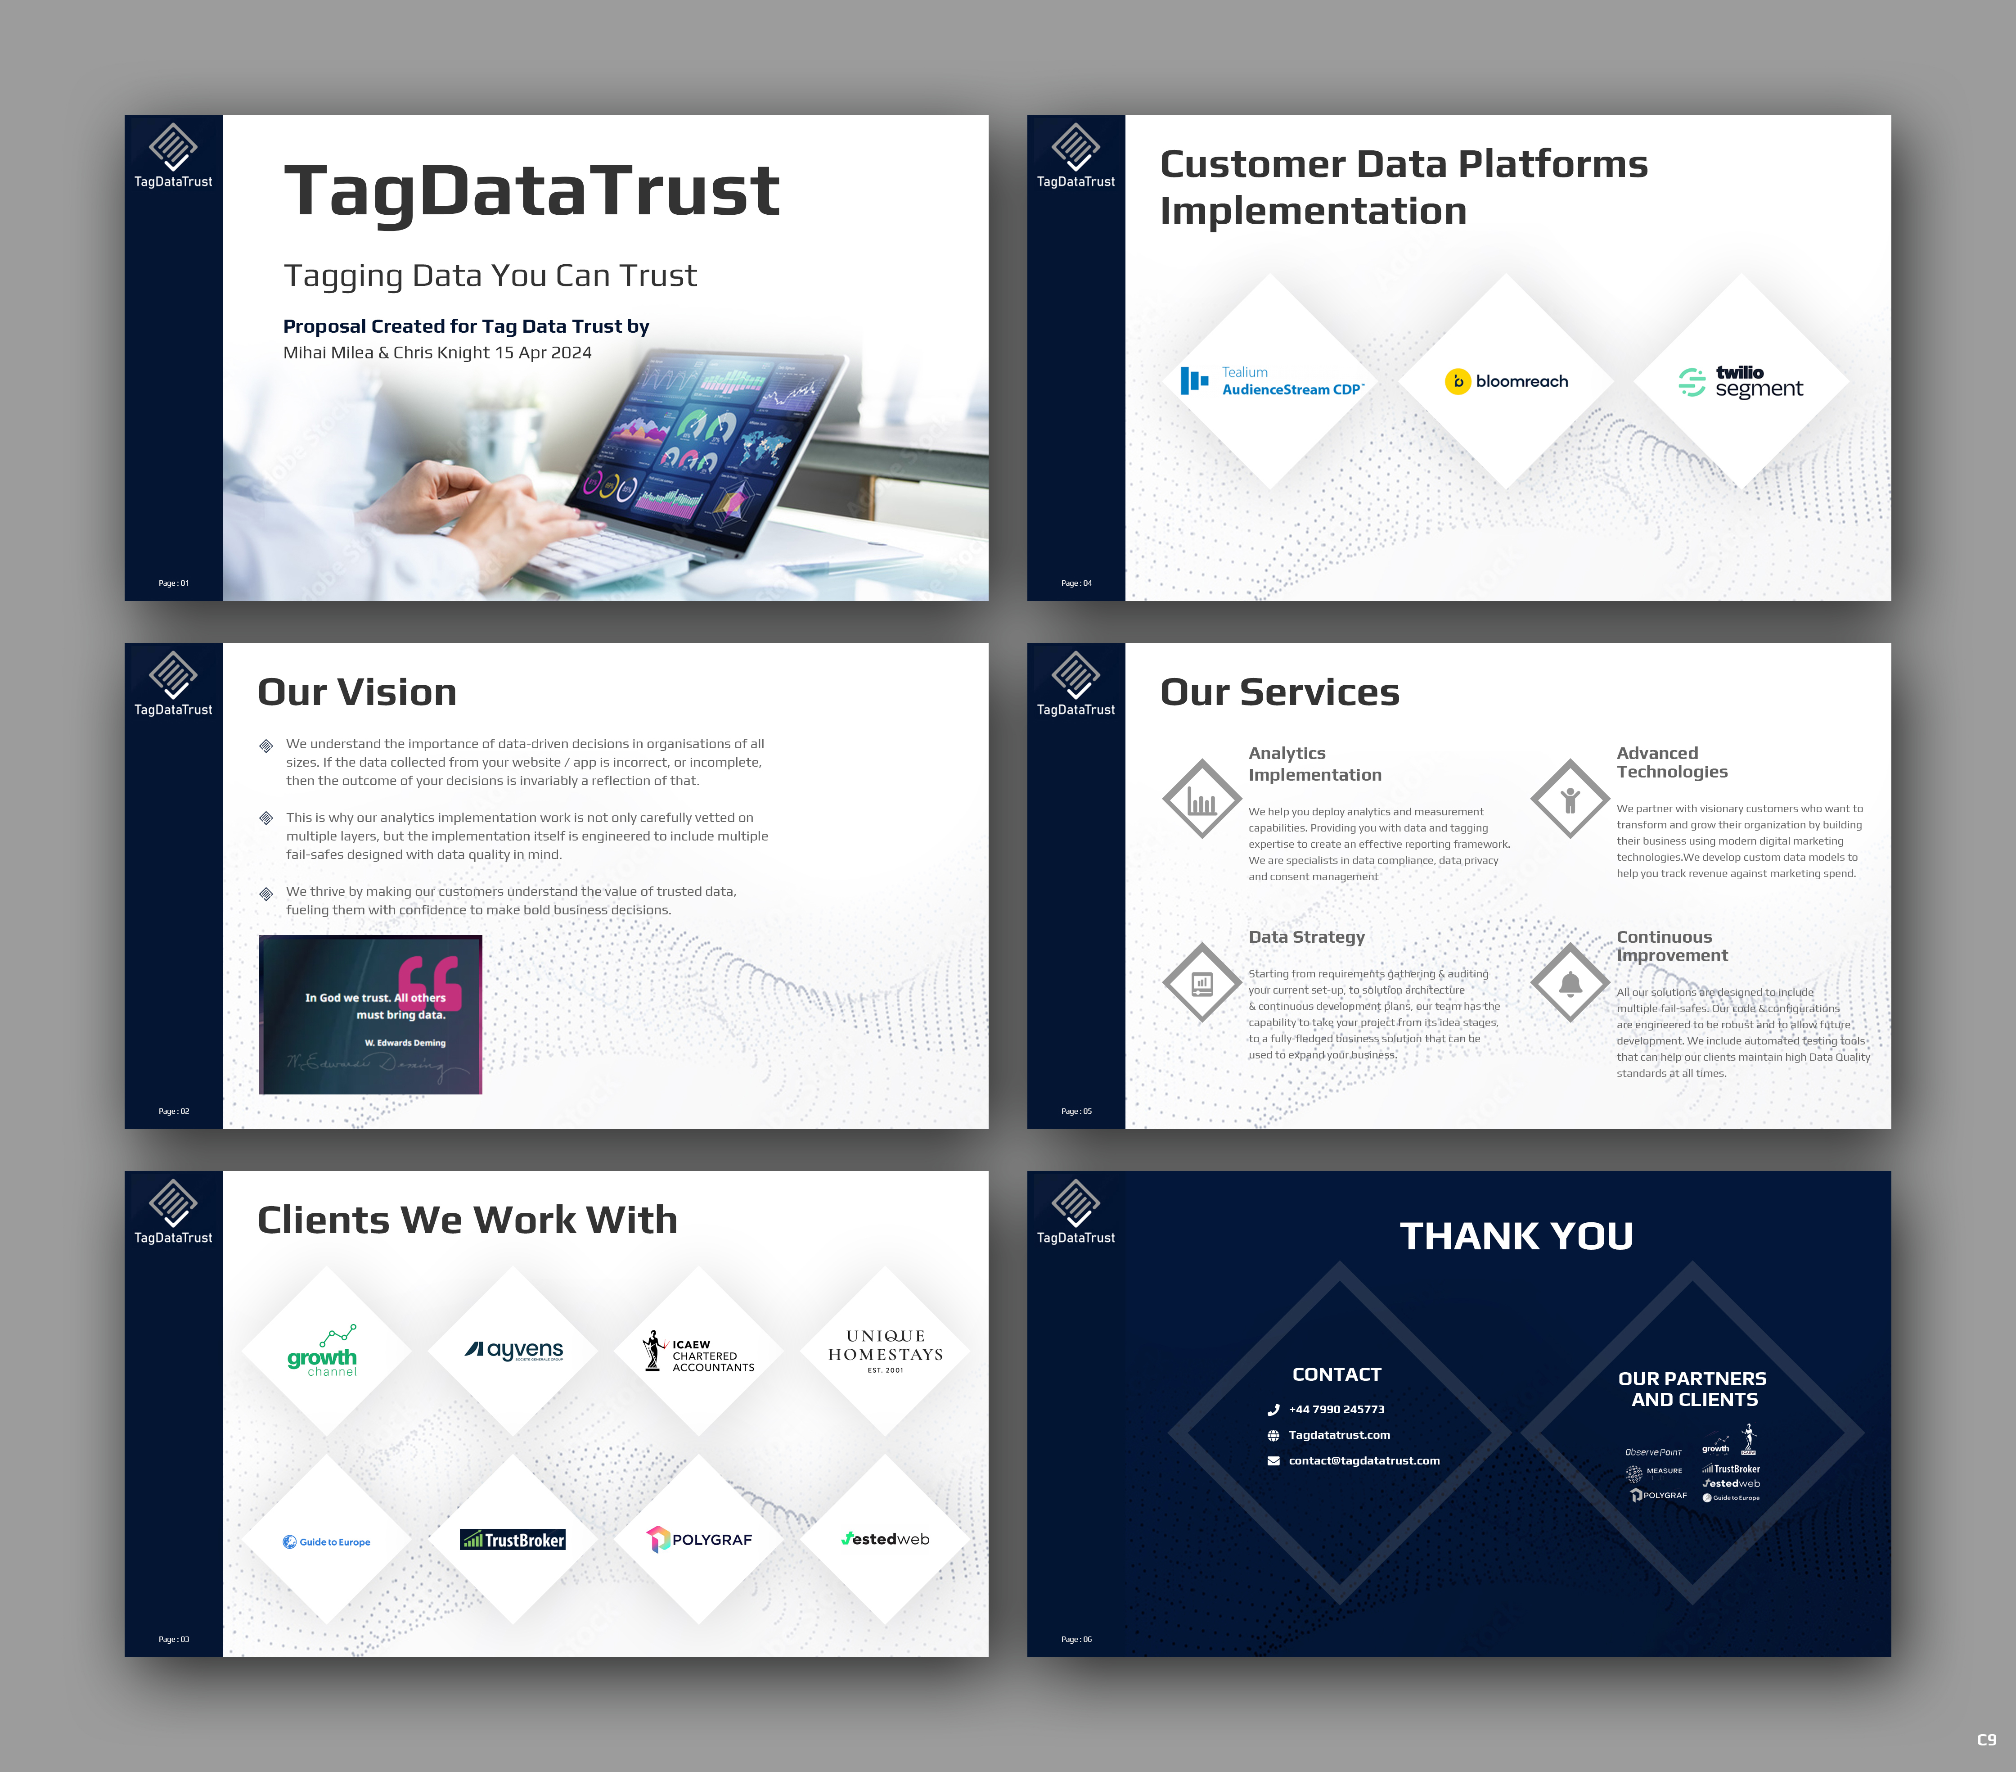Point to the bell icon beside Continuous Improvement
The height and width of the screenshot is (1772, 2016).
click(x=1570, y=984)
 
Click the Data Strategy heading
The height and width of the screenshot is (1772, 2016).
click(x=1307, y=937)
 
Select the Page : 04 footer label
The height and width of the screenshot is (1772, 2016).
click(x=1076, y=583)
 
